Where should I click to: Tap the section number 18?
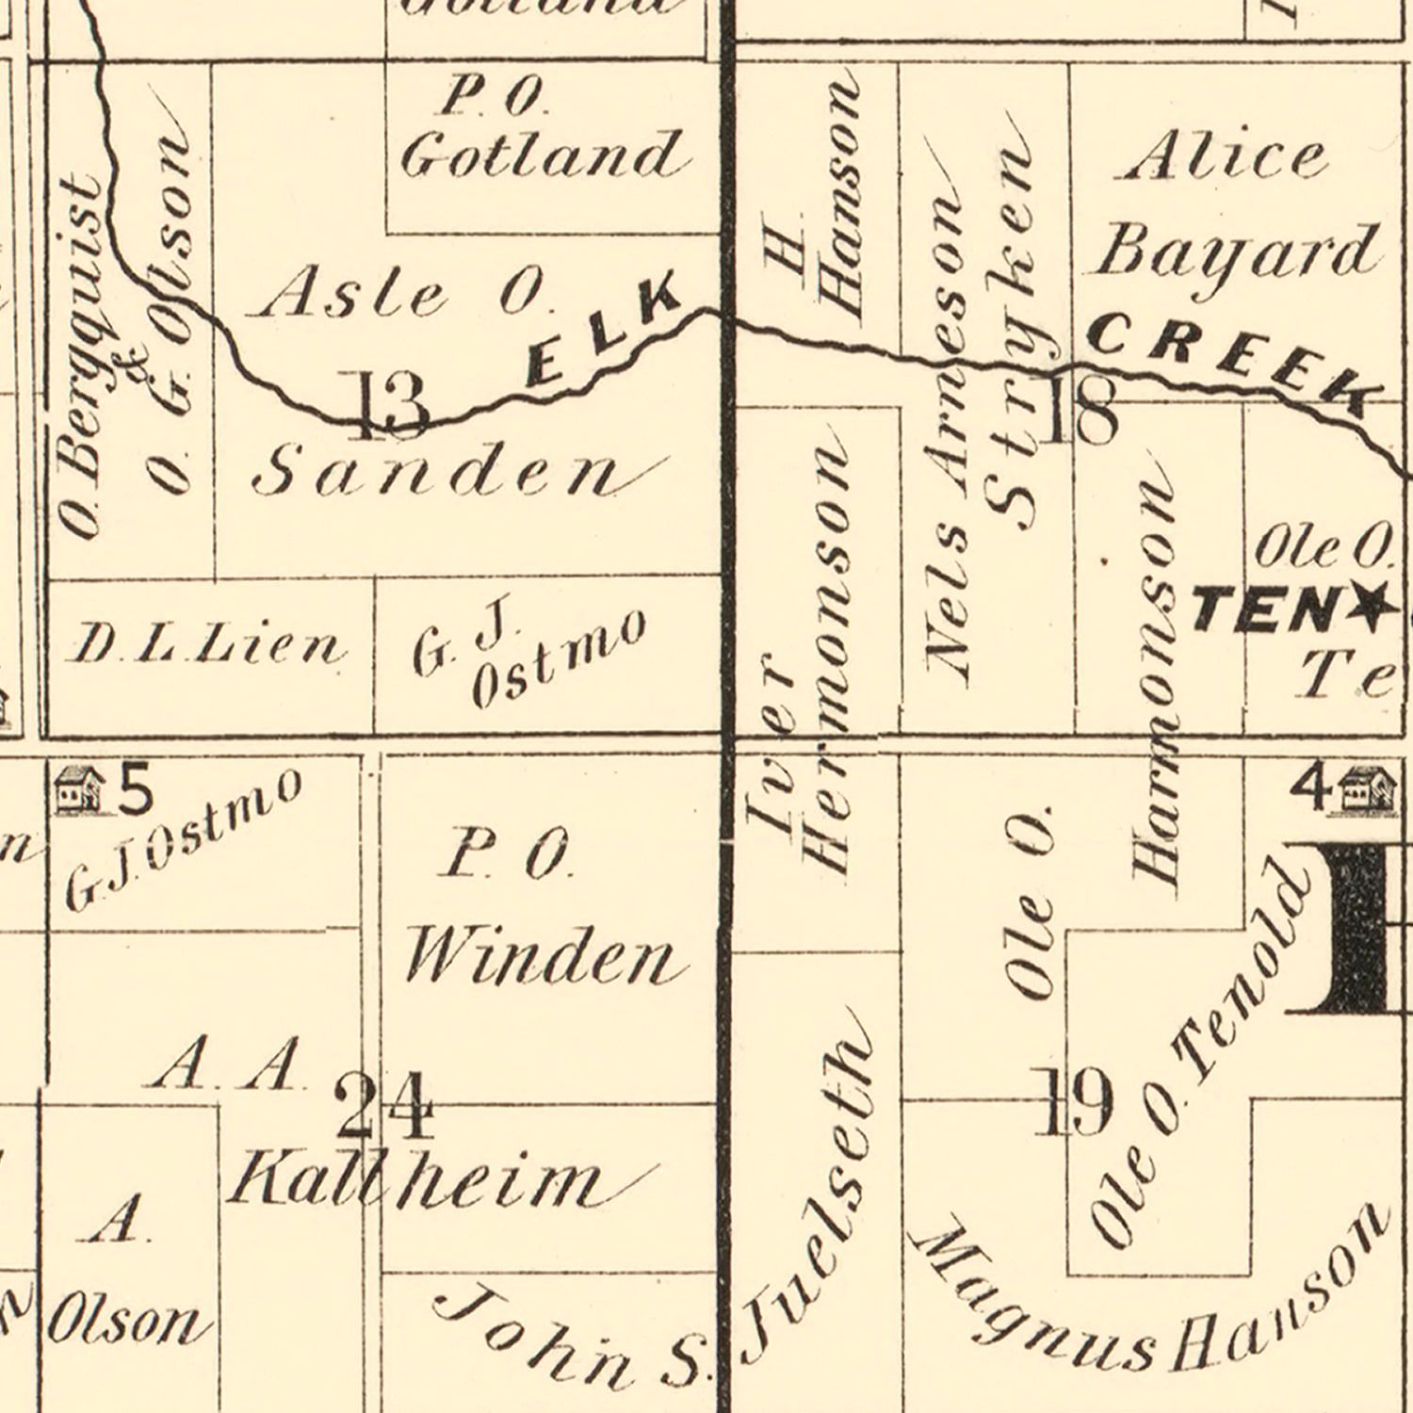coord(1080,413)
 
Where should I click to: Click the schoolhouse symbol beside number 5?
coord(79,789)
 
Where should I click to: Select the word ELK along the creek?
coord(603,330)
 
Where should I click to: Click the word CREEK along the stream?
coord(1229,363)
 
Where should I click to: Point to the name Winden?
coord(542,959)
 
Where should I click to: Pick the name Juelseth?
coord(810,1187)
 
